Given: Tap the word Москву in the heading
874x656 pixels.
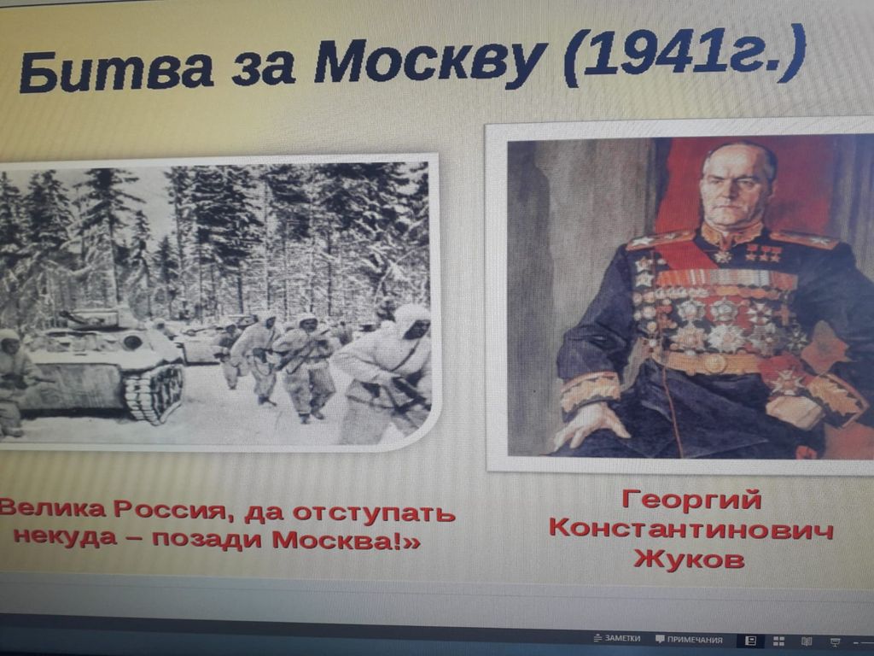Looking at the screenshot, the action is point(430,61).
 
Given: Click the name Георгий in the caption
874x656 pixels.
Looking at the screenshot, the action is point(691,500).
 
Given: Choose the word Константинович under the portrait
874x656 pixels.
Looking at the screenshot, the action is point(691,528).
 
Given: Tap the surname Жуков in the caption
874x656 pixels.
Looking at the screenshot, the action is point(690,558).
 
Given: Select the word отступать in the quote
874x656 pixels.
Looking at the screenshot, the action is point(374,513).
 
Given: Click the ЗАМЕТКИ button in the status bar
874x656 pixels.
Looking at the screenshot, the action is point(618,638).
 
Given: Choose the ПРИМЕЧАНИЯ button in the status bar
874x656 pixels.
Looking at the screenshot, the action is point(689,639).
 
